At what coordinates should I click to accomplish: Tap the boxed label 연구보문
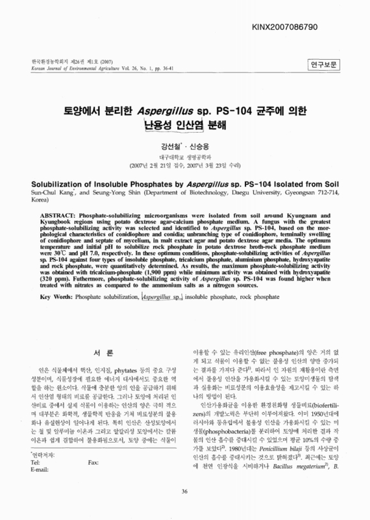tap(322, 64)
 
